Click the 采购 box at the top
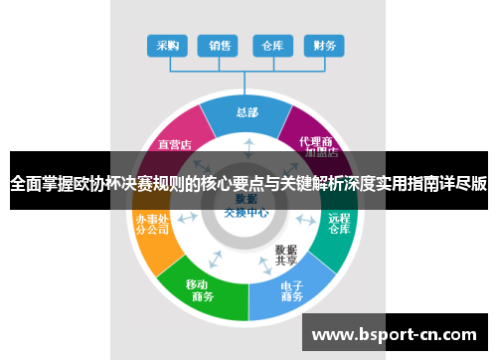coord(168,45)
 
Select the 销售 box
coord(220,45)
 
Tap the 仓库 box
coord(272,45)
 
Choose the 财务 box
coord(324,45)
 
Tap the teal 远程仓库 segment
coord(339,223)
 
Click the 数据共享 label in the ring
coord(287,255)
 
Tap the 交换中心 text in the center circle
coord(247,213)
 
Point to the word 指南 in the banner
coord(414,183)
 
